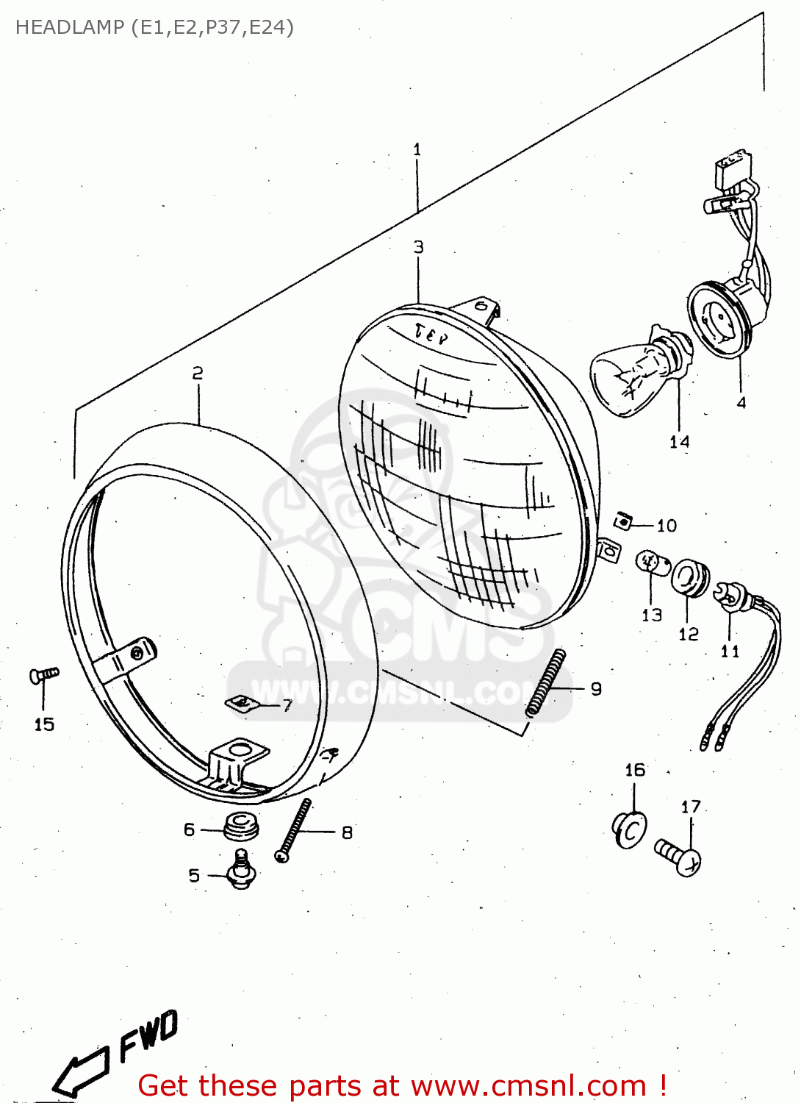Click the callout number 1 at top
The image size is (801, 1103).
click(x=417, y=150)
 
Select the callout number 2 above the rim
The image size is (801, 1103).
click(x=197, y=374)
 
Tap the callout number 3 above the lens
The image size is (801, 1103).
click(x=418, y=247)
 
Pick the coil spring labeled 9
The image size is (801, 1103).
click(x=545, y=683)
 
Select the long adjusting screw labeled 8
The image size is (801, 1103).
click(x=293, y=831)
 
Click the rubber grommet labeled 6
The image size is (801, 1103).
click(x=241, y=827)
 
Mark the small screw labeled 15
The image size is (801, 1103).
click(x=43, y=674)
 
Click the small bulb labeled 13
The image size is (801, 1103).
click(x=651, y=564)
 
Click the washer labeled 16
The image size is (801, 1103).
click(x=631, y=829)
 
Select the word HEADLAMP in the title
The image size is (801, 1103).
click(x=70, y=27)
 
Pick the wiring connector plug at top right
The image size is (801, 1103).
click(x=733, y=169)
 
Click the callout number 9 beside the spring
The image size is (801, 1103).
click(x=596, y=689)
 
